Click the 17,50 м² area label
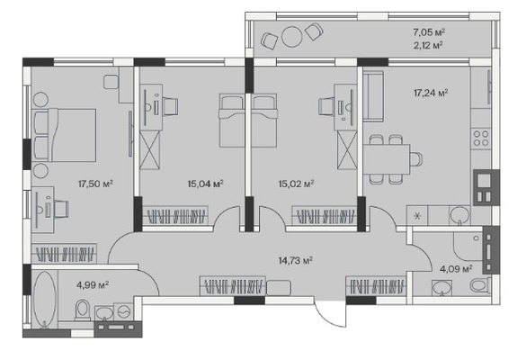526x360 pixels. point(95,184)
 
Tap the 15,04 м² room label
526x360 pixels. point(205,184)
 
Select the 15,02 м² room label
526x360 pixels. point(296,184)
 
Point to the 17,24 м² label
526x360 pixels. point(431,93)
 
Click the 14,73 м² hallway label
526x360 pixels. point(296,260)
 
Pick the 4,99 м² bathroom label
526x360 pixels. point(93,285)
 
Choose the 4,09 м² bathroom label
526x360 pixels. point(456,269)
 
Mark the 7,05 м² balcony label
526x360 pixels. point(429,32)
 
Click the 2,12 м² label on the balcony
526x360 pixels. point(428,45)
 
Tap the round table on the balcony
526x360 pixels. point(292,36)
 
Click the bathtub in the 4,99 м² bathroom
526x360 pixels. point(44,299)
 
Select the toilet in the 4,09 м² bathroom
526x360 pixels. point(480,286)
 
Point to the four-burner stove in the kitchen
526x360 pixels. point(481,139)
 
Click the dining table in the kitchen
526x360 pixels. point(387,159)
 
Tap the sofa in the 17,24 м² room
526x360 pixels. point(373,96)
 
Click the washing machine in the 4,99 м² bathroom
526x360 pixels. point(123,312)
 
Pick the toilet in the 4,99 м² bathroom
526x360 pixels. point(83,310)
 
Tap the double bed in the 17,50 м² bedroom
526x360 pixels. point(65,135)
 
